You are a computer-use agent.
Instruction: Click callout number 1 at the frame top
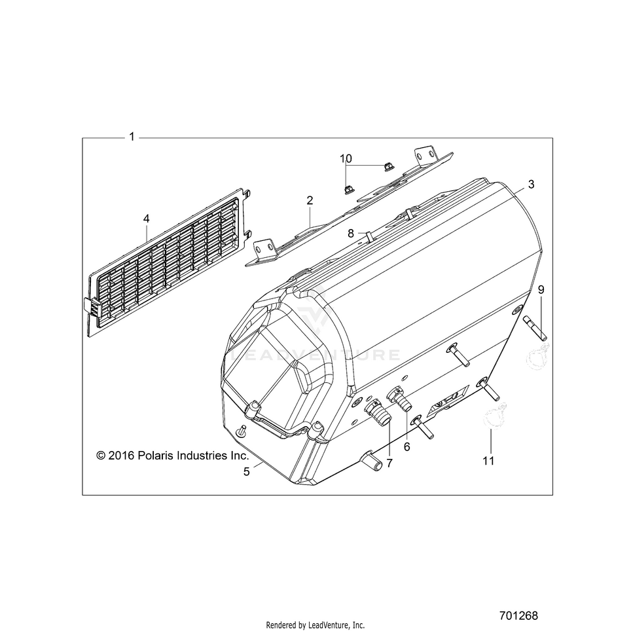(x=132, y=137)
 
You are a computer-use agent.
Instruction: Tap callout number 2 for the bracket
(x=310, y=200)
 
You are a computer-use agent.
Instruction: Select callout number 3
(x=532, y=185)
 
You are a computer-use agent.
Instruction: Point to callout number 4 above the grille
(x=146, y=219)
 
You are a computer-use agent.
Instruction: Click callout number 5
(x=247, y=472)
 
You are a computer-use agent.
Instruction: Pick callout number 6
(x=407, y=446)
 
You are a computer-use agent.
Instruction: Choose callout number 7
(x=389, y=463)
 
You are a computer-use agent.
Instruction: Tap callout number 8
(x=351, y=234)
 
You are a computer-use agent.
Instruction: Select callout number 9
(x=541, y=290)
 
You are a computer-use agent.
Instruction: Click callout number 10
(x=346, y=159)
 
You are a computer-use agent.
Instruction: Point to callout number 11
(x=488, y=461)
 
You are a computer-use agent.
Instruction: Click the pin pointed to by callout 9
(x=535, y=329)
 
